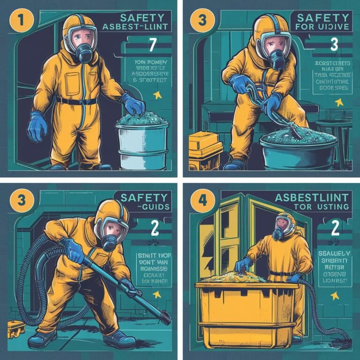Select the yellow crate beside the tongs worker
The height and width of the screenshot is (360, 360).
point(204,150)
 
